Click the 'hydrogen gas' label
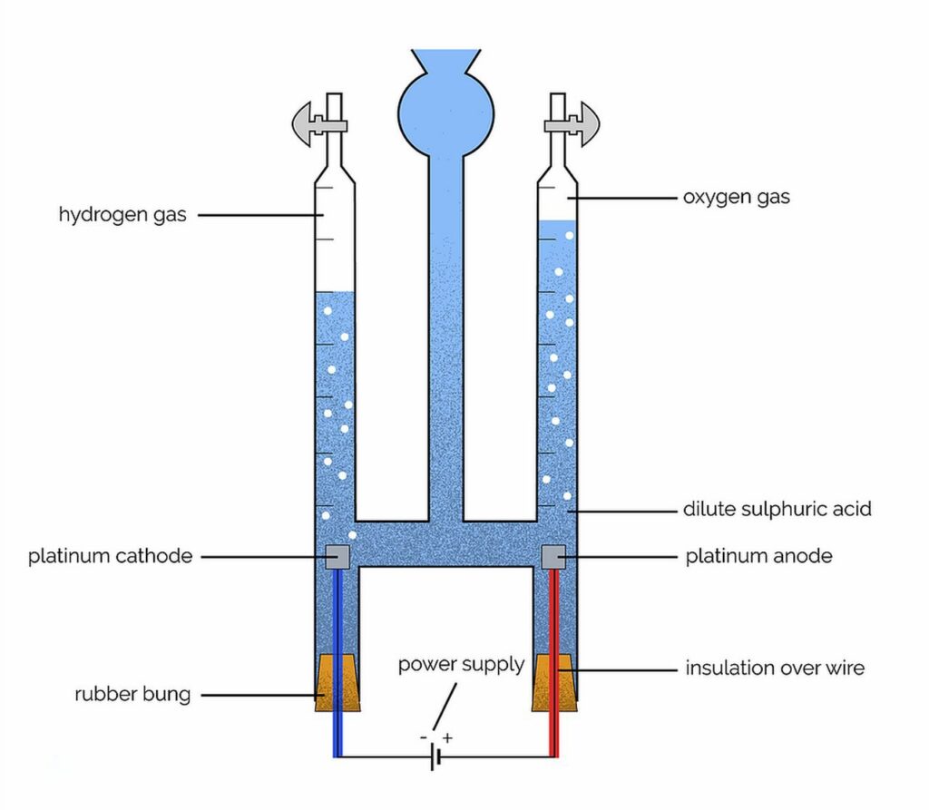click(x=122, y=216)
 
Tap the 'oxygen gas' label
click(x=736, y=197)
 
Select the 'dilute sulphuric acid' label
click(x=777, y=509)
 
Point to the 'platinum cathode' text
click(x=110, y=556)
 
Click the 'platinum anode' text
click(x=758, y=555)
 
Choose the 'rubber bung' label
click(x=132, y=696)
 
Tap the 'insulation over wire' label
click(x=775, y=668)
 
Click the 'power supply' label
click(x=461, y=664)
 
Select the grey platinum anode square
click(x=553, y=556)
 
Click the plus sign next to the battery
click(x=447, y=738)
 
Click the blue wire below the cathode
click(x=337, y=726)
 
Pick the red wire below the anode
click(x=554, y=726)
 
